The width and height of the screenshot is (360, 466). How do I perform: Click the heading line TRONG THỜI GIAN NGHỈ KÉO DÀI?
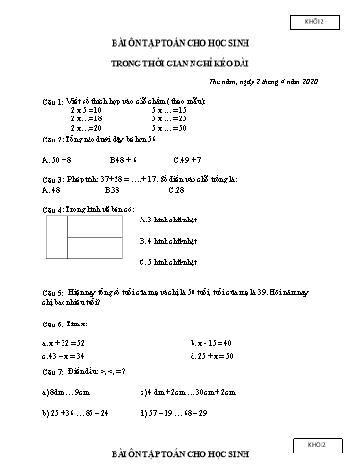(180, 65)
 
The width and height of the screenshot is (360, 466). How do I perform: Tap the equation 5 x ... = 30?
(167, 127)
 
